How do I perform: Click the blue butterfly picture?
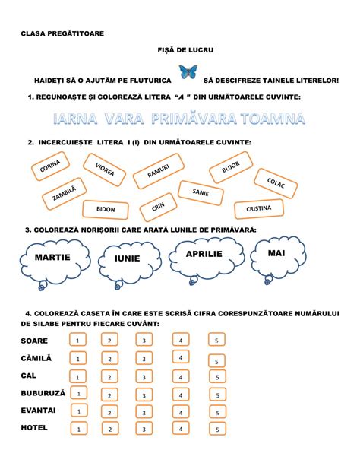click(188, 72)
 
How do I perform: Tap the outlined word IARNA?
click(75, 119)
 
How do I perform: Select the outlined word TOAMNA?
click(273, 119)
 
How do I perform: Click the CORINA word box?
click(50, 166)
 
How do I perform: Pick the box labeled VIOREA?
click(104, 170)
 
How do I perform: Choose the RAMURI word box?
click(159, 171)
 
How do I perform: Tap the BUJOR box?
click(231, 167)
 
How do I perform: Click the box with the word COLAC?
click(276, 183)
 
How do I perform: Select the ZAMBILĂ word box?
click(64, 194)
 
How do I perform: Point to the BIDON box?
click(106, 210)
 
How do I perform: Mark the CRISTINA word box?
click(259, 208)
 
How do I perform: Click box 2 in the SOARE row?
click(109, 340)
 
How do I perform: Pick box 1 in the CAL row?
click(77, 376)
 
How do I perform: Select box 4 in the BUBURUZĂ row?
click(181, 395)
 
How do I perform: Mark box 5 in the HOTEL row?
click(217, 429)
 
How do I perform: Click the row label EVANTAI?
click(38, 411)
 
